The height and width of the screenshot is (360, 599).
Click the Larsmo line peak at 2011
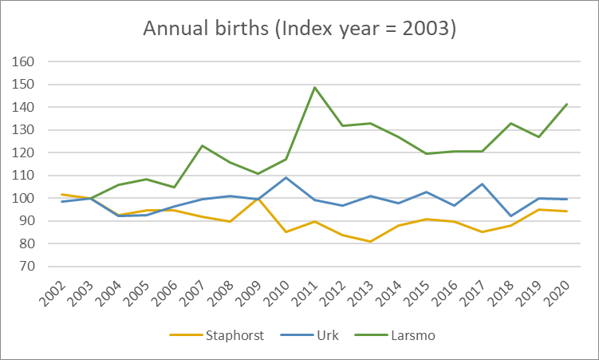pyautogui.click(x=315, y=88)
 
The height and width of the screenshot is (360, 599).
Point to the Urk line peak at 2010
pyautogui.click(x=286, y=177)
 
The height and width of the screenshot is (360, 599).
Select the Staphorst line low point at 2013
pyautogui.click(x=371, y=241)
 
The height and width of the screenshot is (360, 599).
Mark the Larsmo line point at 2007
pyautogui.click(x=203, y=145)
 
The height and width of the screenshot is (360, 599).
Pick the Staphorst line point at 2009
pyautogui.click(x=258, y=198)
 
